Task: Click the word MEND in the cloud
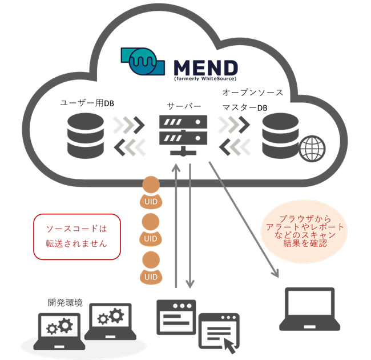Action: point(205,67)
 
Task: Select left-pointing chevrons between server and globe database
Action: point(233,147)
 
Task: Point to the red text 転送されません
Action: point(76,243)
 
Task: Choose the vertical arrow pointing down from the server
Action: point(190,229)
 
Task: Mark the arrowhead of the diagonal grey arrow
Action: point(275,273)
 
